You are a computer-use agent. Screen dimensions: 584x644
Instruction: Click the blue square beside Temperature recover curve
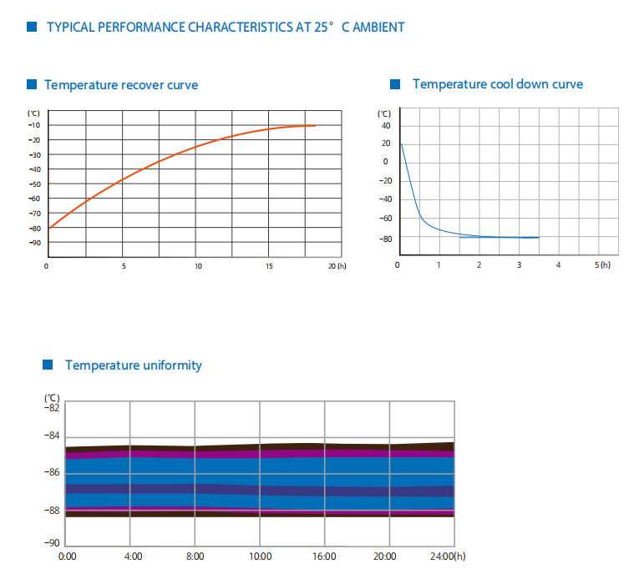coord(32,84)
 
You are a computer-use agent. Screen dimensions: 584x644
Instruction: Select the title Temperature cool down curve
coord(498,84)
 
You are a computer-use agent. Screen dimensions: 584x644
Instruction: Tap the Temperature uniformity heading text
coord(134,365)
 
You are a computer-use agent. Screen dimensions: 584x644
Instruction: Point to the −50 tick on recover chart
coord(34,184)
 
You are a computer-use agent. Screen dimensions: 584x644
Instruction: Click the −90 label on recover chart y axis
coord(34,243)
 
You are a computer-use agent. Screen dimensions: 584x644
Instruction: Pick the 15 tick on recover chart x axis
coord(269,266)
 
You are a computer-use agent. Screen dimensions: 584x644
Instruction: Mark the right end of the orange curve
coord(315,125)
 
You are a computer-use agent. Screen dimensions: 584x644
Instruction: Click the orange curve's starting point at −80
coord(48,228)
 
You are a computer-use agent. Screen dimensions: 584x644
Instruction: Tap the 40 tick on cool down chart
coord(385,126)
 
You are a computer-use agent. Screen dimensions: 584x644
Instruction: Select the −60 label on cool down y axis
coord(383,219)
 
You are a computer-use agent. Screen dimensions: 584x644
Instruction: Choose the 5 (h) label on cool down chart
coord(603,264)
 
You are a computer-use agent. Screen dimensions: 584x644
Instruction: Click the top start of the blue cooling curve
coord(401,143)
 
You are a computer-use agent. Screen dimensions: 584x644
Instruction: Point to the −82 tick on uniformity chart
coord(52,407)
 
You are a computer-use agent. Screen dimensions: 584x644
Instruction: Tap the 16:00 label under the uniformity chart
coord(324,556)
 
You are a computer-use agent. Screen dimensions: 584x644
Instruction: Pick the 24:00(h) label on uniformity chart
coord(448,556)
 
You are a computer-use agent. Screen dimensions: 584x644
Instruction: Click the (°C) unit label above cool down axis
coord(383,113)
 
